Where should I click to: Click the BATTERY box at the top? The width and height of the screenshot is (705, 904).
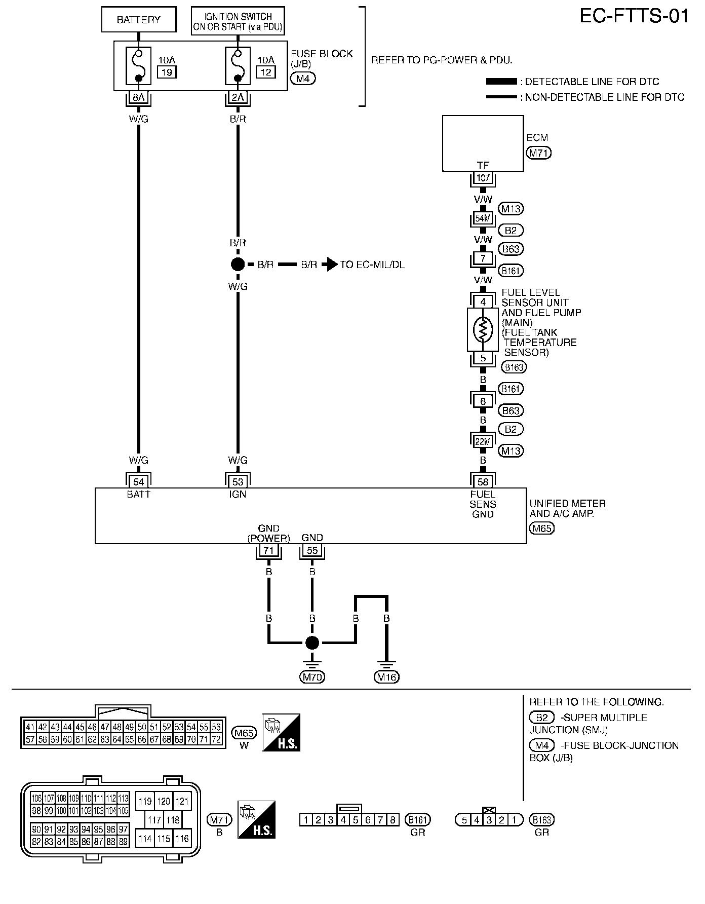[x=139, y=20]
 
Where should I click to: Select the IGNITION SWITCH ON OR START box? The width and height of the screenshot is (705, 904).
[x=238, y=21]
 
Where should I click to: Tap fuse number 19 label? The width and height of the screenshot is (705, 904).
[x=166, y=72]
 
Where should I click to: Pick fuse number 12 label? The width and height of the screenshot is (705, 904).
[x=265, y=72]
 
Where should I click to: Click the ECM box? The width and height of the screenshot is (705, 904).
[x=483, y=143]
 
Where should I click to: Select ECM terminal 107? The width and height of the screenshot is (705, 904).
[x=483, y=178]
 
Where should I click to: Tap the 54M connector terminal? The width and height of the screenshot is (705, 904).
[x=483, y=218]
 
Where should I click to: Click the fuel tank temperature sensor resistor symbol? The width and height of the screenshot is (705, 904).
[x=483, y=329]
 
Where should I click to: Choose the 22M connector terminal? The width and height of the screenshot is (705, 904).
[x=483, y=441]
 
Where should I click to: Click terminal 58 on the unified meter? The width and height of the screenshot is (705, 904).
[x=483, y=482]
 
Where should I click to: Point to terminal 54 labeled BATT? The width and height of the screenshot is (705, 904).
[x=138, y=482]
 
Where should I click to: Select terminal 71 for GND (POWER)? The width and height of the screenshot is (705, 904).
[x=269, y=551]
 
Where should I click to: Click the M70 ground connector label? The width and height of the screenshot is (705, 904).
[x=312, y=676]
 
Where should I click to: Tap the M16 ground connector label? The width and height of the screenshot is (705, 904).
[x=386, y=676]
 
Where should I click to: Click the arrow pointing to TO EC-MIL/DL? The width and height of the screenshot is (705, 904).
[x=331, y=265]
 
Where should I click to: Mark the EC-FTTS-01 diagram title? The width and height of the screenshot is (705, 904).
[x=634, y=16]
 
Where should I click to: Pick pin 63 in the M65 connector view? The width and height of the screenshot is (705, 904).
[x=104, y=739]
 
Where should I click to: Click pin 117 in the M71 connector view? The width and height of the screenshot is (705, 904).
[x=154, y=820]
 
